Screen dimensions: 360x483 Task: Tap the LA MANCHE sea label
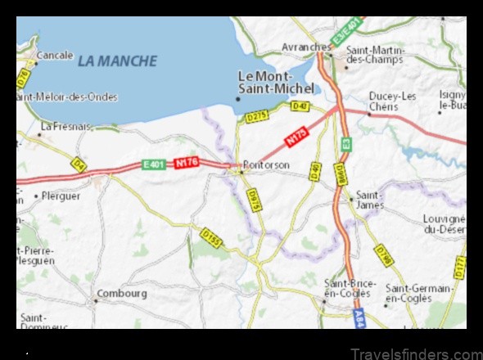click(117, 61)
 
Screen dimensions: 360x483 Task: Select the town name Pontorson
click(267, 164)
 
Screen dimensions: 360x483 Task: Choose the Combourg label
click(122, 293)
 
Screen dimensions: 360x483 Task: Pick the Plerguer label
click(61, 196)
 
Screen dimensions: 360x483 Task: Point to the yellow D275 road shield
click(257, 117)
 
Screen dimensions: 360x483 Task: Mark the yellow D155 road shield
click(211, 239)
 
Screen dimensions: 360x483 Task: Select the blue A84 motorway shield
click(359, 318)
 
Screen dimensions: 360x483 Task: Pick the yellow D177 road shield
click(459, 267)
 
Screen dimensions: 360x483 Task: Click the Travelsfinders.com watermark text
click(415, 354)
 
